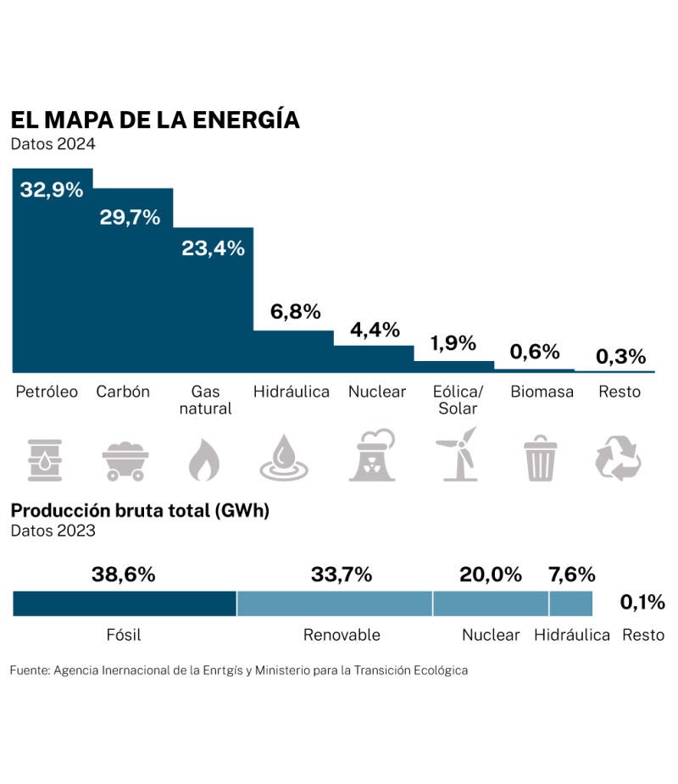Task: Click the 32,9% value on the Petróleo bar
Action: tap(52, 190)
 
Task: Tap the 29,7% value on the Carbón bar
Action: tap(130, 217)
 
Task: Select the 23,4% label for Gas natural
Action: tap(213, 248)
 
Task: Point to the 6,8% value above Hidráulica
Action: tap(295, 311)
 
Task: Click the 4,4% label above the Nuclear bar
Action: tap(375, 330)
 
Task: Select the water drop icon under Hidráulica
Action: tap(284, 459)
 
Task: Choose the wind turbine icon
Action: tap(457, 455)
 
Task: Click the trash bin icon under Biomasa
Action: tap(540, 459)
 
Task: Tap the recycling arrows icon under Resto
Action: tap(618, 459)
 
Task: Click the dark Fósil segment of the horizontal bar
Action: tap(125, 603)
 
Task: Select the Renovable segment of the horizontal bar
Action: tap(335, 603)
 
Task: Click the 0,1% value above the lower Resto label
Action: tap(642, 602)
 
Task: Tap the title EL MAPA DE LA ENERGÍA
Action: tap(155, 120)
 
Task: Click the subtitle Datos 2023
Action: tap(53, 531)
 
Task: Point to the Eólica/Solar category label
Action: tap(458, 399)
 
